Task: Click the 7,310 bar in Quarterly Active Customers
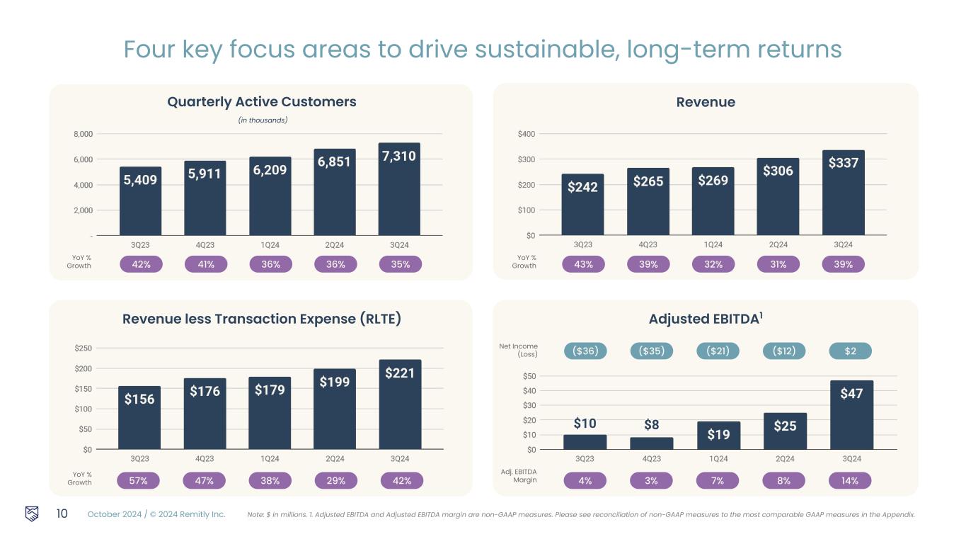[399, 189]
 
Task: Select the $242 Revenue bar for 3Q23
[582, 205]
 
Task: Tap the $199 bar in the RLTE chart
[335, 409]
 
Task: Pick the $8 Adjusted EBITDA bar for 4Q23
[651, 443]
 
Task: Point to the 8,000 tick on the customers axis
[83, 134]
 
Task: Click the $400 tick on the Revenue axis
[526, 134]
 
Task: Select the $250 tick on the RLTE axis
[83, 348]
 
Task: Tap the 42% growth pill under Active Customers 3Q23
[141, 264]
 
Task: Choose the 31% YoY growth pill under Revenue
[778, 264]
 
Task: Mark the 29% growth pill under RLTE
[335, 481]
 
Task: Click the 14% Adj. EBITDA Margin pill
[850, 481]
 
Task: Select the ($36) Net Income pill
[585, 351]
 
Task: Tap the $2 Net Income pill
[850, 351]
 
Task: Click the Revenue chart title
[706, 102]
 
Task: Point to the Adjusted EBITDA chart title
[706, 319]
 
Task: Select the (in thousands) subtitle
[262, 120]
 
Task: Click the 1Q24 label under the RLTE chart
[270, 459]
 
